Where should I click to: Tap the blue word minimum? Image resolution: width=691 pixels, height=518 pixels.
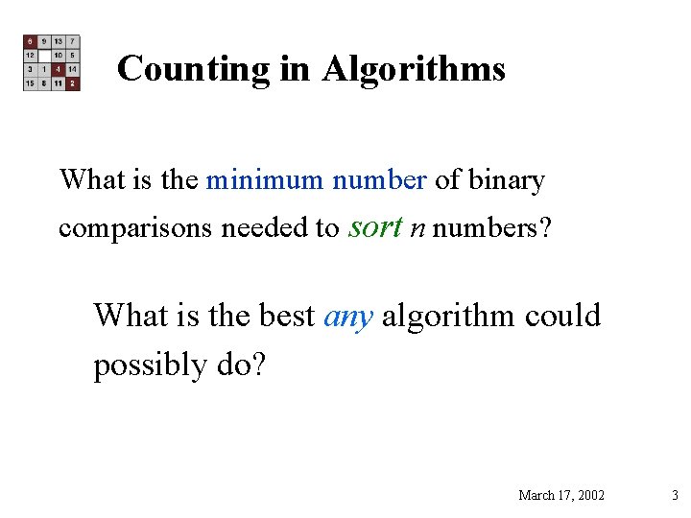pyautogui.click(x=266, y=180)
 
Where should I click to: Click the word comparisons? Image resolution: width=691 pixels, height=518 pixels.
pyautogui.click(x=136, y=229)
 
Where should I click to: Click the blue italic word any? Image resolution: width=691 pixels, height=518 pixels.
pyautogui.click(x=348, y=317)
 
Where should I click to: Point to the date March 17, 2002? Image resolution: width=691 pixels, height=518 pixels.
pyautogui.click(x=561, y=495)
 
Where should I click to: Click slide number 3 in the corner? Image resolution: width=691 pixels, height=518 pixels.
pyautogui.click(x=675, y=495)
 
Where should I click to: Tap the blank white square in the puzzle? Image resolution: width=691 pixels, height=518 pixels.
pyautogui.click(x=44, y=56)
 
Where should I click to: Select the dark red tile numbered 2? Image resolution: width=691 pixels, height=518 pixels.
pyautogui.click(x=73, y=83)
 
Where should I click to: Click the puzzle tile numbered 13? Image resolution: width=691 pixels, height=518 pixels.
pyautogui.click(x=59, y=42)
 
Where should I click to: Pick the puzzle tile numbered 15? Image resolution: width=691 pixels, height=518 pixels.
pyautogui.click(x=31, y=83)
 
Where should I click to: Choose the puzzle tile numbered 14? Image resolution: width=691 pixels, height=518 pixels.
pyautogui.click(x=73, y=70)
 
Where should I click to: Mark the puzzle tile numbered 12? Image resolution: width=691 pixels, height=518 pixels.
pyautogui.click(x=31, y=56)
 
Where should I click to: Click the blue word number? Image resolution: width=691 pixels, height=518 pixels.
pyautogui.click(x=379, y=180)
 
